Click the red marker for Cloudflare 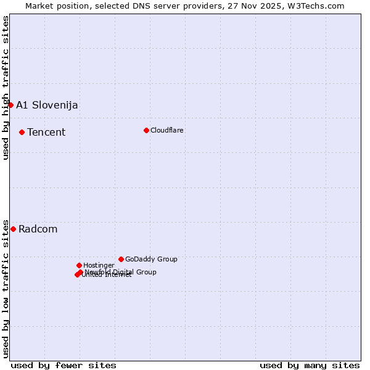(x=146, y=130)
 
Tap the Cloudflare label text (x=166, y=130)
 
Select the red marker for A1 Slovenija (x=10, y=105)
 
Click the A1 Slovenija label (x=47, y=105)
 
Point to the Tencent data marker (x=22, y=132)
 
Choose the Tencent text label (x=46, y=132)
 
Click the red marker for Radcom (x=13, y=229)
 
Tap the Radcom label (x=38, y=229)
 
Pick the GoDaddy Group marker (x=121, y=259)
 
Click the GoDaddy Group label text (x=151, y=259)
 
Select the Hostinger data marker (x=79, y=265)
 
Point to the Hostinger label (x=99, y=265)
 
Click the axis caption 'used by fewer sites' (x=64, y=365)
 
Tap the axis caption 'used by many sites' (x=310, y=365)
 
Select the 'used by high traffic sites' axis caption (x=6, y=88)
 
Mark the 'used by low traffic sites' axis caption (x=6, y=288)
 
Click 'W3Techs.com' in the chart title (x=318, y=6)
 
